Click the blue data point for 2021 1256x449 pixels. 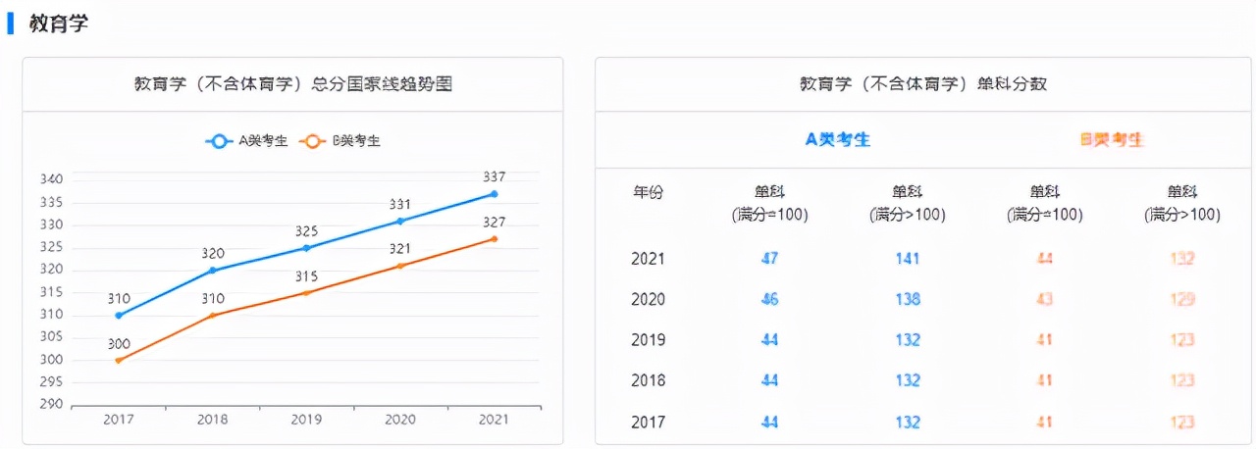click(x=494, y=194)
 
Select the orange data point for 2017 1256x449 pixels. click(x=119, y=360)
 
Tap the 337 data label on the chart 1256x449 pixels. click(x=494, y=176)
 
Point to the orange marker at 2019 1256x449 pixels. click(x=306, y=293)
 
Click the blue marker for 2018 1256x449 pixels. click(x=212, y=270)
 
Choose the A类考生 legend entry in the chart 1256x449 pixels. click(x=246, y=141)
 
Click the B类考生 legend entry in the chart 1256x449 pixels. click(x=340, y=141)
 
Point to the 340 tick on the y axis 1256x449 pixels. click(x=51, y=179)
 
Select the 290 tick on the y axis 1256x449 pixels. click(x=51, y=404)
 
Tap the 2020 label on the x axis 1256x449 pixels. click(x=399, y=420)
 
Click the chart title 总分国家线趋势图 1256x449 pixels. click(x=292, y=84)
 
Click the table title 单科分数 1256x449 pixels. click(x=922, y=84)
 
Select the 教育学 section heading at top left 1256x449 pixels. click(x=59, y=25)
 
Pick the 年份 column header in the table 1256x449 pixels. click(x=648, y=193)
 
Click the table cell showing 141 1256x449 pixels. click(x=908, y=259)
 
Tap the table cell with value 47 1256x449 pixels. click(x=769, y=259)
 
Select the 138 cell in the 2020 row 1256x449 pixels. click(x=908, y=299)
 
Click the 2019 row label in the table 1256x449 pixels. click(x=648, y=340)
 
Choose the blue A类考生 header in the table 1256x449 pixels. click(x=838, y=139)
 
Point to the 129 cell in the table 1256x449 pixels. click(x=1182, y=299)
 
